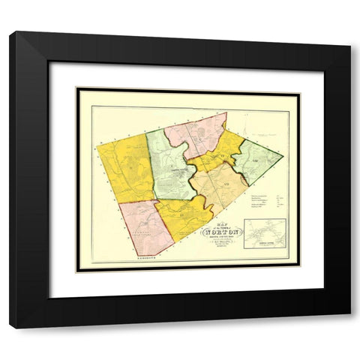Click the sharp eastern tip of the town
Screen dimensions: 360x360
[283, 158]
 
